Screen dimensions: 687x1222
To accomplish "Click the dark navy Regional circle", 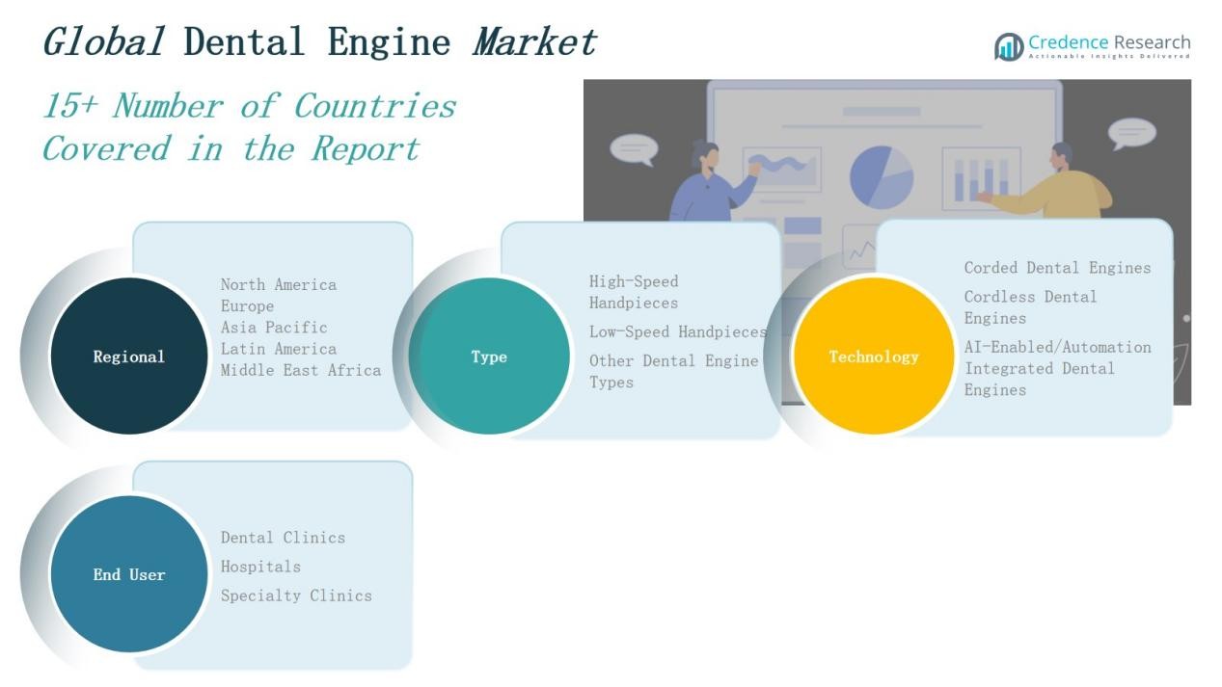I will click(128, 357).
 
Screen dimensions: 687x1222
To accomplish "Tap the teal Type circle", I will click(489, 357).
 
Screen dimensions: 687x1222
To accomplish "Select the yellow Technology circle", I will click(874, 357).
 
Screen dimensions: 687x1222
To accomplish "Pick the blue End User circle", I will click(128, 574).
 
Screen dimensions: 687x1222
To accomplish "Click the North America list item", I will click(279, 284).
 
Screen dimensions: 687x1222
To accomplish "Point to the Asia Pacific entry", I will click(274, 328).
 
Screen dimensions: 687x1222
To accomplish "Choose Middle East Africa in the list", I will click(301, 370).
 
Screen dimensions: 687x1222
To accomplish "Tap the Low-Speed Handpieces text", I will click(678, 331).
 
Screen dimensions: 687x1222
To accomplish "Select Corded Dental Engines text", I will click(1057, 268).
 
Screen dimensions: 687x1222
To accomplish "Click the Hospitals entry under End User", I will click(260, 567).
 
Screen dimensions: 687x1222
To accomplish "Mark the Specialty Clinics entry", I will click(296, 595).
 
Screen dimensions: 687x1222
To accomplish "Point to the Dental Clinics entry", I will click(283, 538).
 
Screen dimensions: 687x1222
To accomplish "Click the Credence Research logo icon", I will click(1009, 46).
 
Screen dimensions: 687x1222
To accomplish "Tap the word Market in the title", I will click(534, 42).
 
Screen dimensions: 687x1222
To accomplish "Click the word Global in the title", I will click(102, 42).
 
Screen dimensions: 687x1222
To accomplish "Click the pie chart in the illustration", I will click(881, 176).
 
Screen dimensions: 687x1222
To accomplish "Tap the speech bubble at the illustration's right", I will click(1131, 133).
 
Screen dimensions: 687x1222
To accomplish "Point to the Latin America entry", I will click(279, 349).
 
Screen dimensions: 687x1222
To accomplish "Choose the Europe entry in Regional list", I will click(247, 306).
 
